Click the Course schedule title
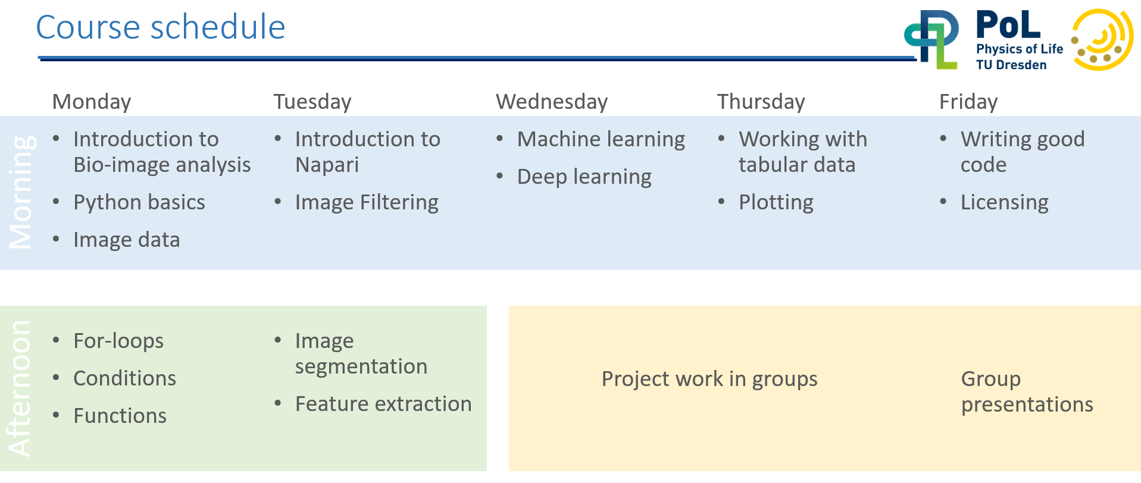pos(161,27)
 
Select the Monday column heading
pos(92,102)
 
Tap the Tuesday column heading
pos(312,102)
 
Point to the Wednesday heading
pos(552,102)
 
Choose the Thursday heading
pos(761,102)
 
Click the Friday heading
pos(968,102)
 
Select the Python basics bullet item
pos(139,203)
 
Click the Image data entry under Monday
pos(127,240)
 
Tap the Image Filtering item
pos(367,203)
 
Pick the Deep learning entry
pos(584,177)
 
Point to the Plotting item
pos(776,203)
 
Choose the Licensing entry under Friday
pos(1005,203)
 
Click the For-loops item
pos(118,341)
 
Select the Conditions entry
pos(125,378)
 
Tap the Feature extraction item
pos(383,404)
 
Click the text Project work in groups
pos(709,379)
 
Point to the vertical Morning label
pos(21,192)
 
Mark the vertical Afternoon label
pos(19,388)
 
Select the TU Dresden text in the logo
pos(1011,65)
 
